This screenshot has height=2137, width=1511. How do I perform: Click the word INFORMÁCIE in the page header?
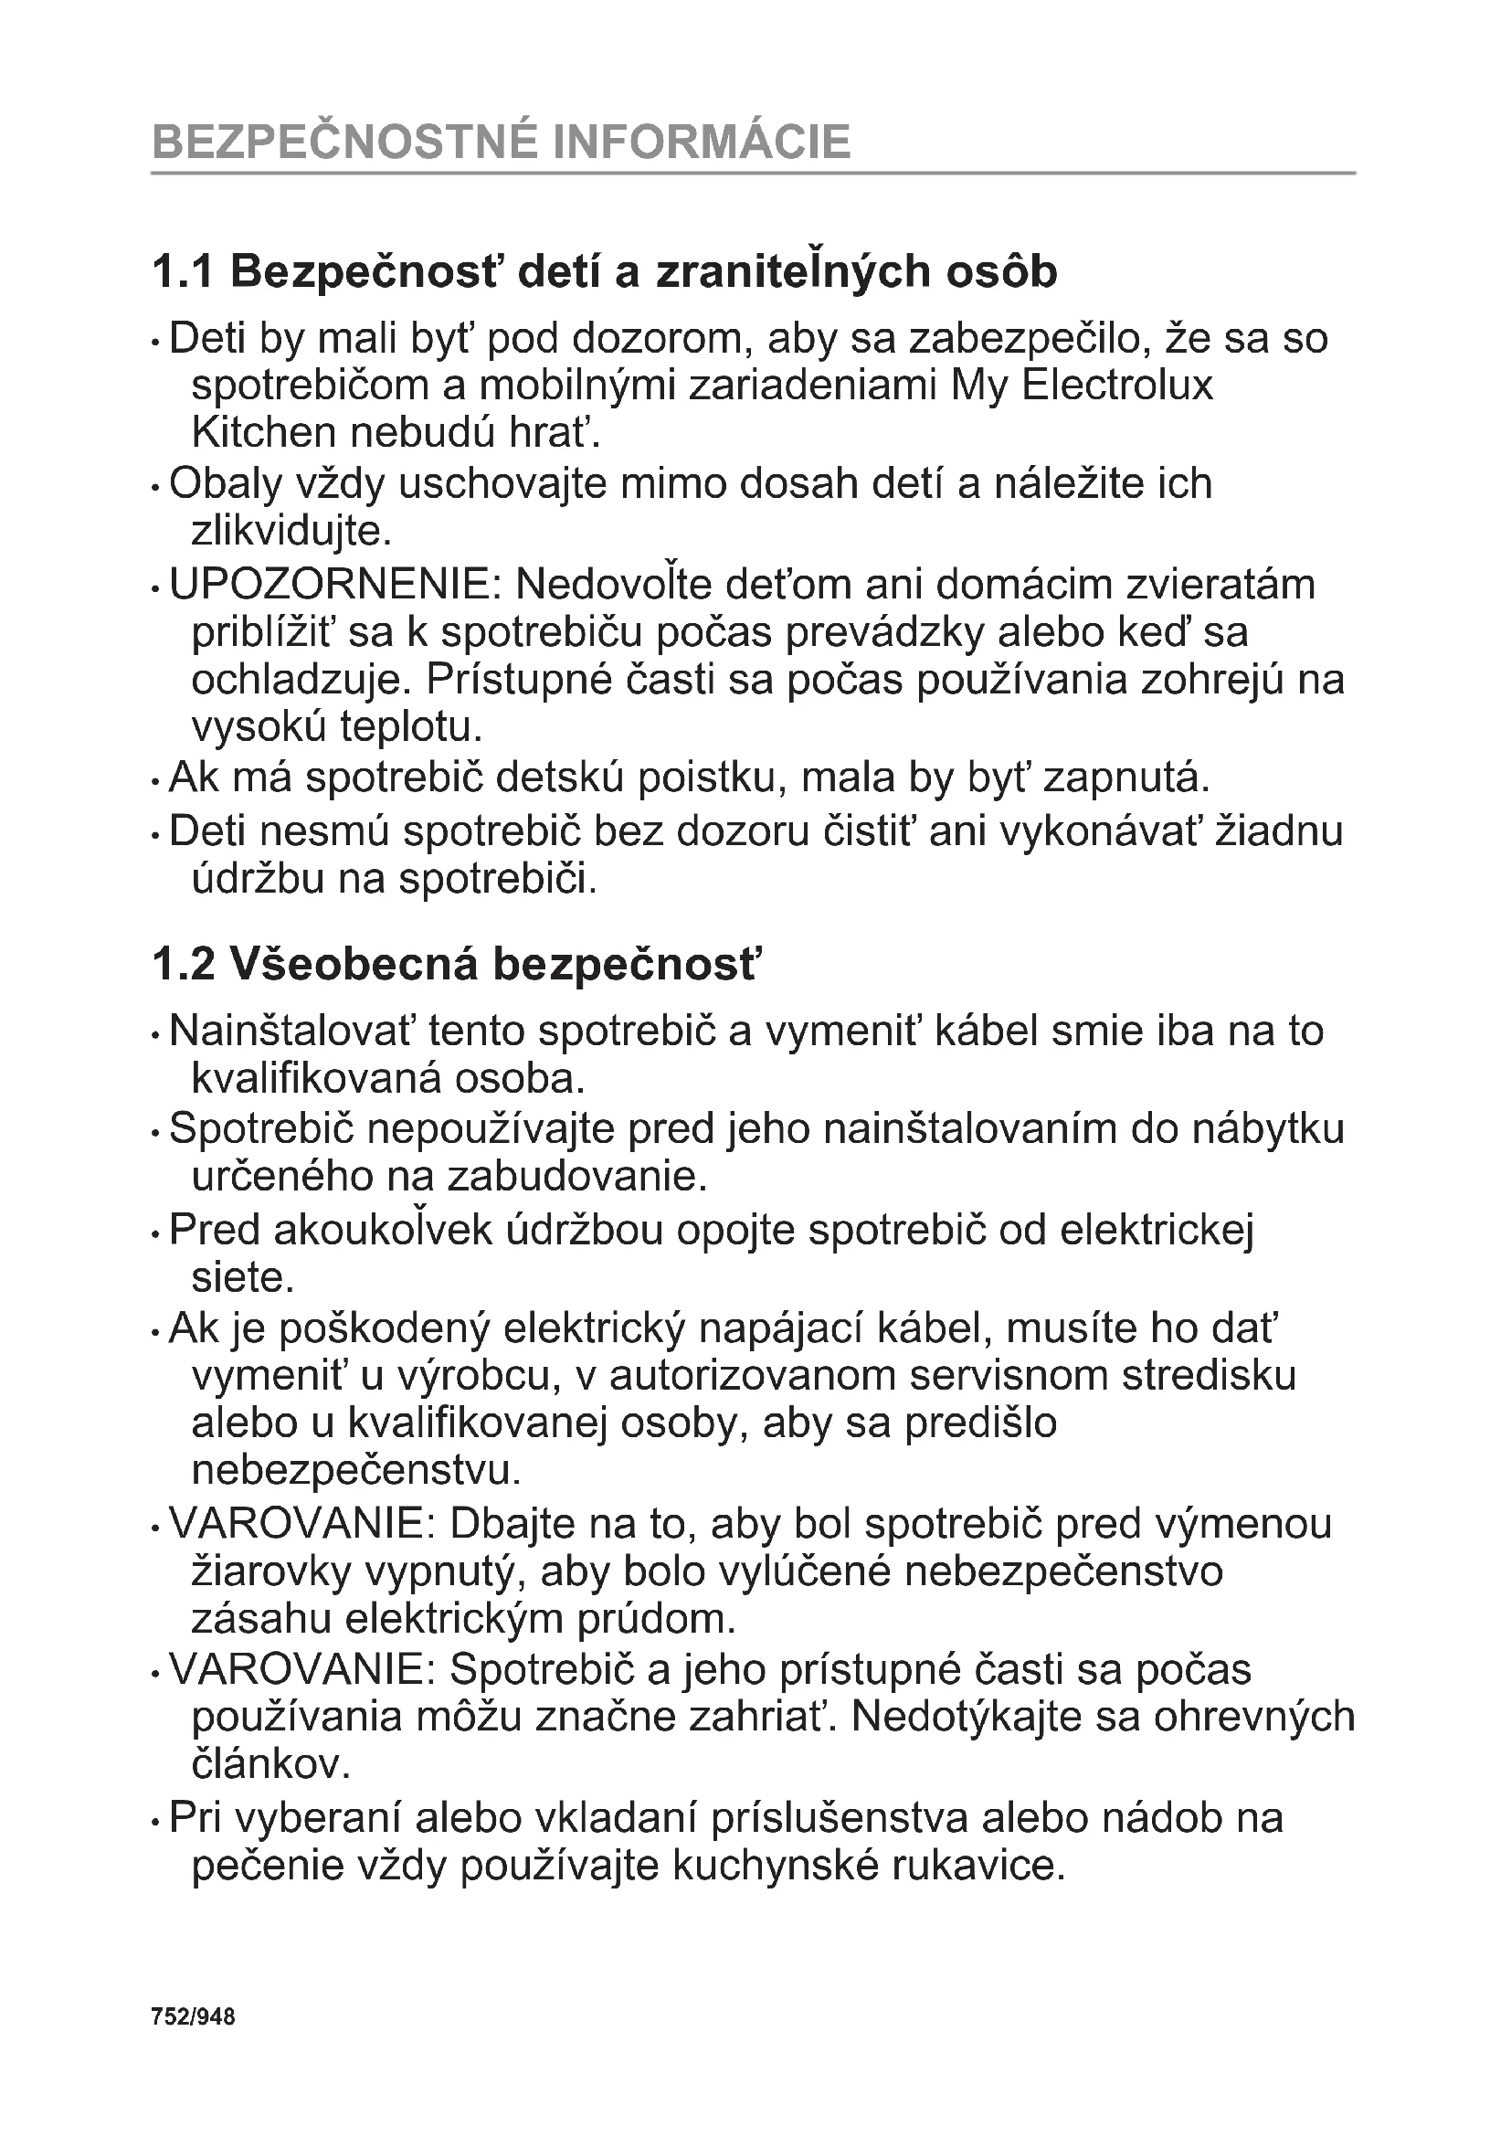(x=702, y=143)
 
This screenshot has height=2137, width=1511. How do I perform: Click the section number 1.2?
(x=184, y=964)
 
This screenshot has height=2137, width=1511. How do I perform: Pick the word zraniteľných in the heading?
(x=794, y=271)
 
